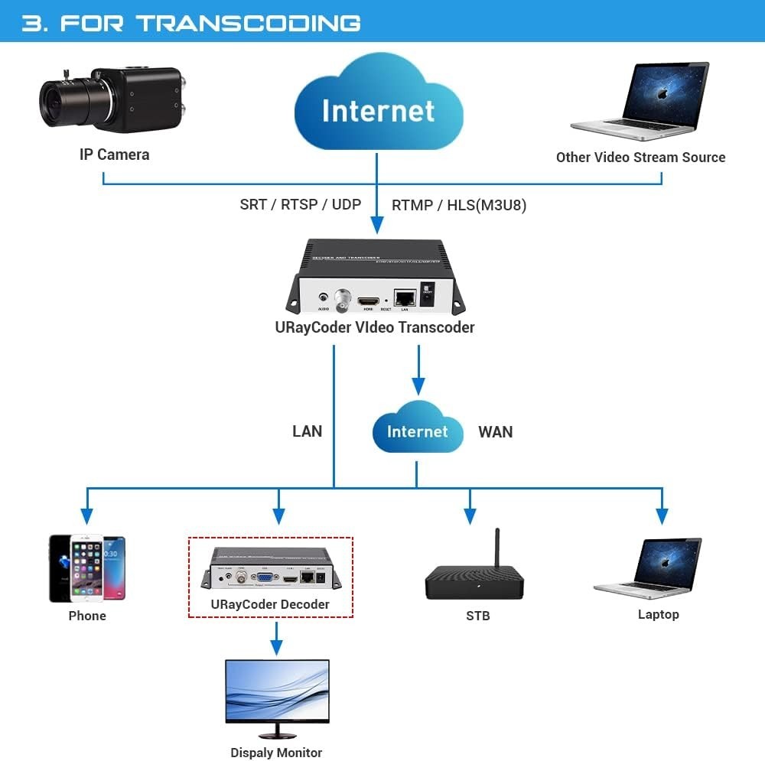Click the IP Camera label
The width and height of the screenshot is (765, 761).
point(114,154)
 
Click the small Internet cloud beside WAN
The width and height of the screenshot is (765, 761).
point(417,431)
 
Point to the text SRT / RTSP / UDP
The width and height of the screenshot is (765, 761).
point(300,204)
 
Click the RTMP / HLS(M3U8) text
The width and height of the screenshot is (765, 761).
point(459,205)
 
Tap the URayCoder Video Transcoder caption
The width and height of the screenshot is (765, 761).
point(375,327)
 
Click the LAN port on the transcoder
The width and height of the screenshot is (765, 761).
point(405,298)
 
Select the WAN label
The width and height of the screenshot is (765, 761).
point(495,432)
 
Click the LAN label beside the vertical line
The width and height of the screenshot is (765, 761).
point(307,431)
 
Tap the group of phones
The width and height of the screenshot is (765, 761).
point(86,568)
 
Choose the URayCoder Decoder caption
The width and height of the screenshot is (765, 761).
point(270,604)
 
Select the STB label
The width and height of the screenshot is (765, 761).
point(477,616)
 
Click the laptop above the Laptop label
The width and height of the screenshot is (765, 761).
point(651,567)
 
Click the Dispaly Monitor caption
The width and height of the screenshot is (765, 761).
point(276,753)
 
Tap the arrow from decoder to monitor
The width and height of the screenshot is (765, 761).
point(277,638)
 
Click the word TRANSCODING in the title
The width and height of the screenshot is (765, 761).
point(248,22)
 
